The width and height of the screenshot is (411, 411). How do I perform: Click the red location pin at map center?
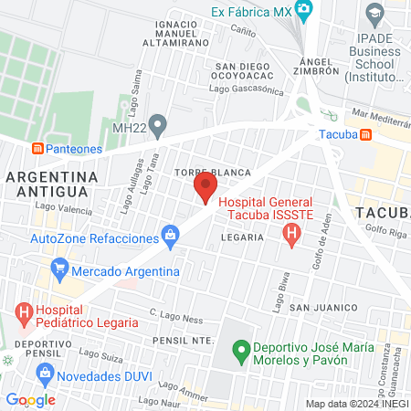click(x=205, y=188)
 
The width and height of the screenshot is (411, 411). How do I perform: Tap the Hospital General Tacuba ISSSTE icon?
click(x=291, y=235)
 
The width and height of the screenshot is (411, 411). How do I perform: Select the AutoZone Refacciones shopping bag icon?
click(x=170, y=237)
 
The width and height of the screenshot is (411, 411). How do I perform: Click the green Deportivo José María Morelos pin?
click(x=241, y=349)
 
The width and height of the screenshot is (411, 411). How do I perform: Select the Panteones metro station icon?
click(x=37, y=147)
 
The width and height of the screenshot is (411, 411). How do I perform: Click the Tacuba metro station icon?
click(x=365, y=135)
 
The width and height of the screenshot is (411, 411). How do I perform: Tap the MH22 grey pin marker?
click(x=158, y=123)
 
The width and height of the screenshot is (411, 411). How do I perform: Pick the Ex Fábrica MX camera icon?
click(x=304, y=11)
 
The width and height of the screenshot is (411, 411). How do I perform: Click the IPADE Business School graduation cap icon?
click(x=374, y=14)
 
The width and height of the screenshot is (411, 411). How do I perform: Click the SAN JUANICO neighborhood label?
click(x=321, y=308)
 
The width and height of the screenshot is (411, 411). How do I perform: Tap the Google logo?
click(x=30, y=399)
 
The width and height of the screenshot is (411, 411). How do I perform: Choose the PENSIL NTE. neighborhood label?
click(x=184, y=340)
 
